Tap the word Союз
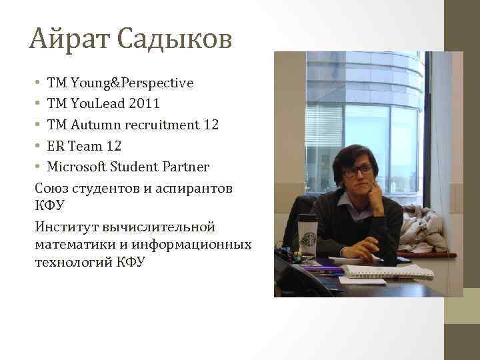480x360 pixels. tap(53, 188)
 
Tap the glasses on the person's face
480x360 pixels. tap(358, 170)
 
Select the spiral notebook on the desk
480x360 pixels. tap(387, 271)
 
